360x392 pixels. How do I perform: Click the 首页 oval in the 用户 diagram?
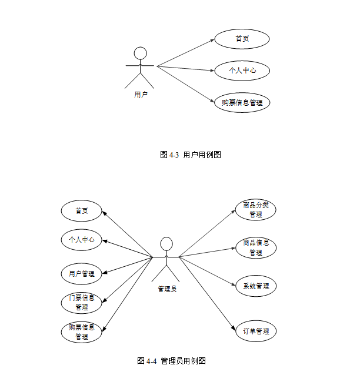tap(242, 39)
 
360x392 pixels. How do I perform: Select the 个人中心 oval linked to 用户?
tap(242, 71)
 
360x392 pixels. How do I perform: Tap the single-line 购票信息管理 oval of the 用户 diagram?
tap(242, 103)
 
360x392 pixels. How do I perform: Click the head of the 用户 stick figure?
tap(140, 53)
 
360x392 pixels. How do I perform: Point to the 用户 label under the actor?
tap(141, 94)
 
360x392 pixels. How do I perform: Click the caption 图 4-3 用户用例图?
tap(190, 155)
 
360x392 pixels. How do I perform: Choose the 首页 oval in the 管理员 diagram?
tap(82, 210)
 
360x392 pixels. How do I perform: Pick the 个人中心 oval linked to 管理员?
tap(82, 240)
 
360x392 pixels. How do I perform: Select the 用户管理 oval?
tap(82, 273)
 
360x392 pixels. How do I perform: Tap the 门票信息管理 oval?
tap(82, 302)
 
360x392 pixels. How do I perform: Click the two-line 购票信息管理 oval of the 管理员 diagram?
tap(82, 332)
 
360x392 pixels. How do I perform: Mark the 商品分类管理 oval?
tap(256, 210)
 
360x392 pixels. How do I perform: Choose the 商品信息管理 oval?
tap(256, 247)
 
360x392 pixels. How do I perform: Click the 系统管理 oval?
tap(256, 286)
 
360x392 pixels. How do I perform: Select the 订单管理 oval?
tap(256, 331)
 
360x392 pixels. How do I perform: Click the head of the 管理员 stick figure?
tap(166, 243)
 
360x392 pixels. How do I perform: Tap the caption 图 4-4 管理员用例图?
tap(171, 361)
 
